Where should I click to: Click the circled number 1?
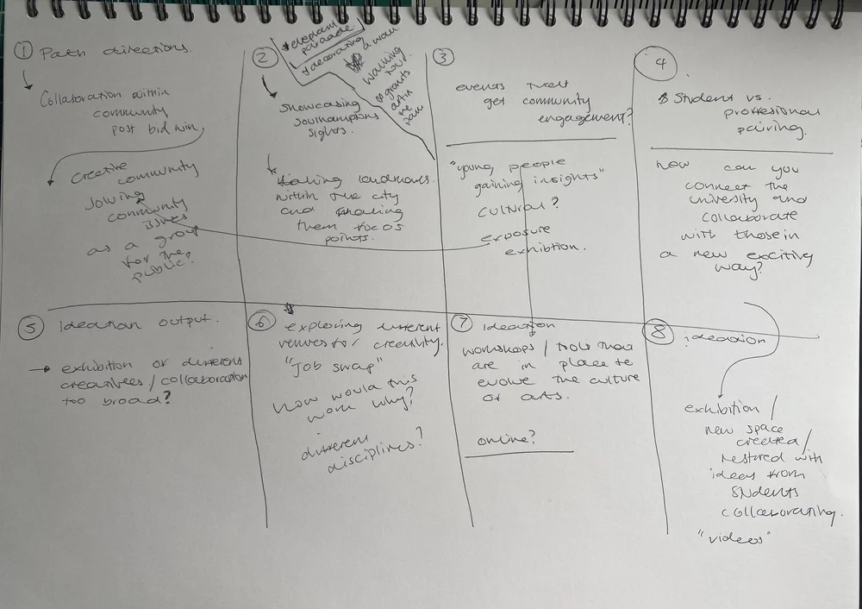tap(25, 53)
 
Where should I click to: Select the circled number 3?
tap(443, 58)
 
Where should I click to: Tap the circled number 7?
tap(464, 323)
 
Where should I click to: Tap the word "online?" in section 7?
tap(507, 439)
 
